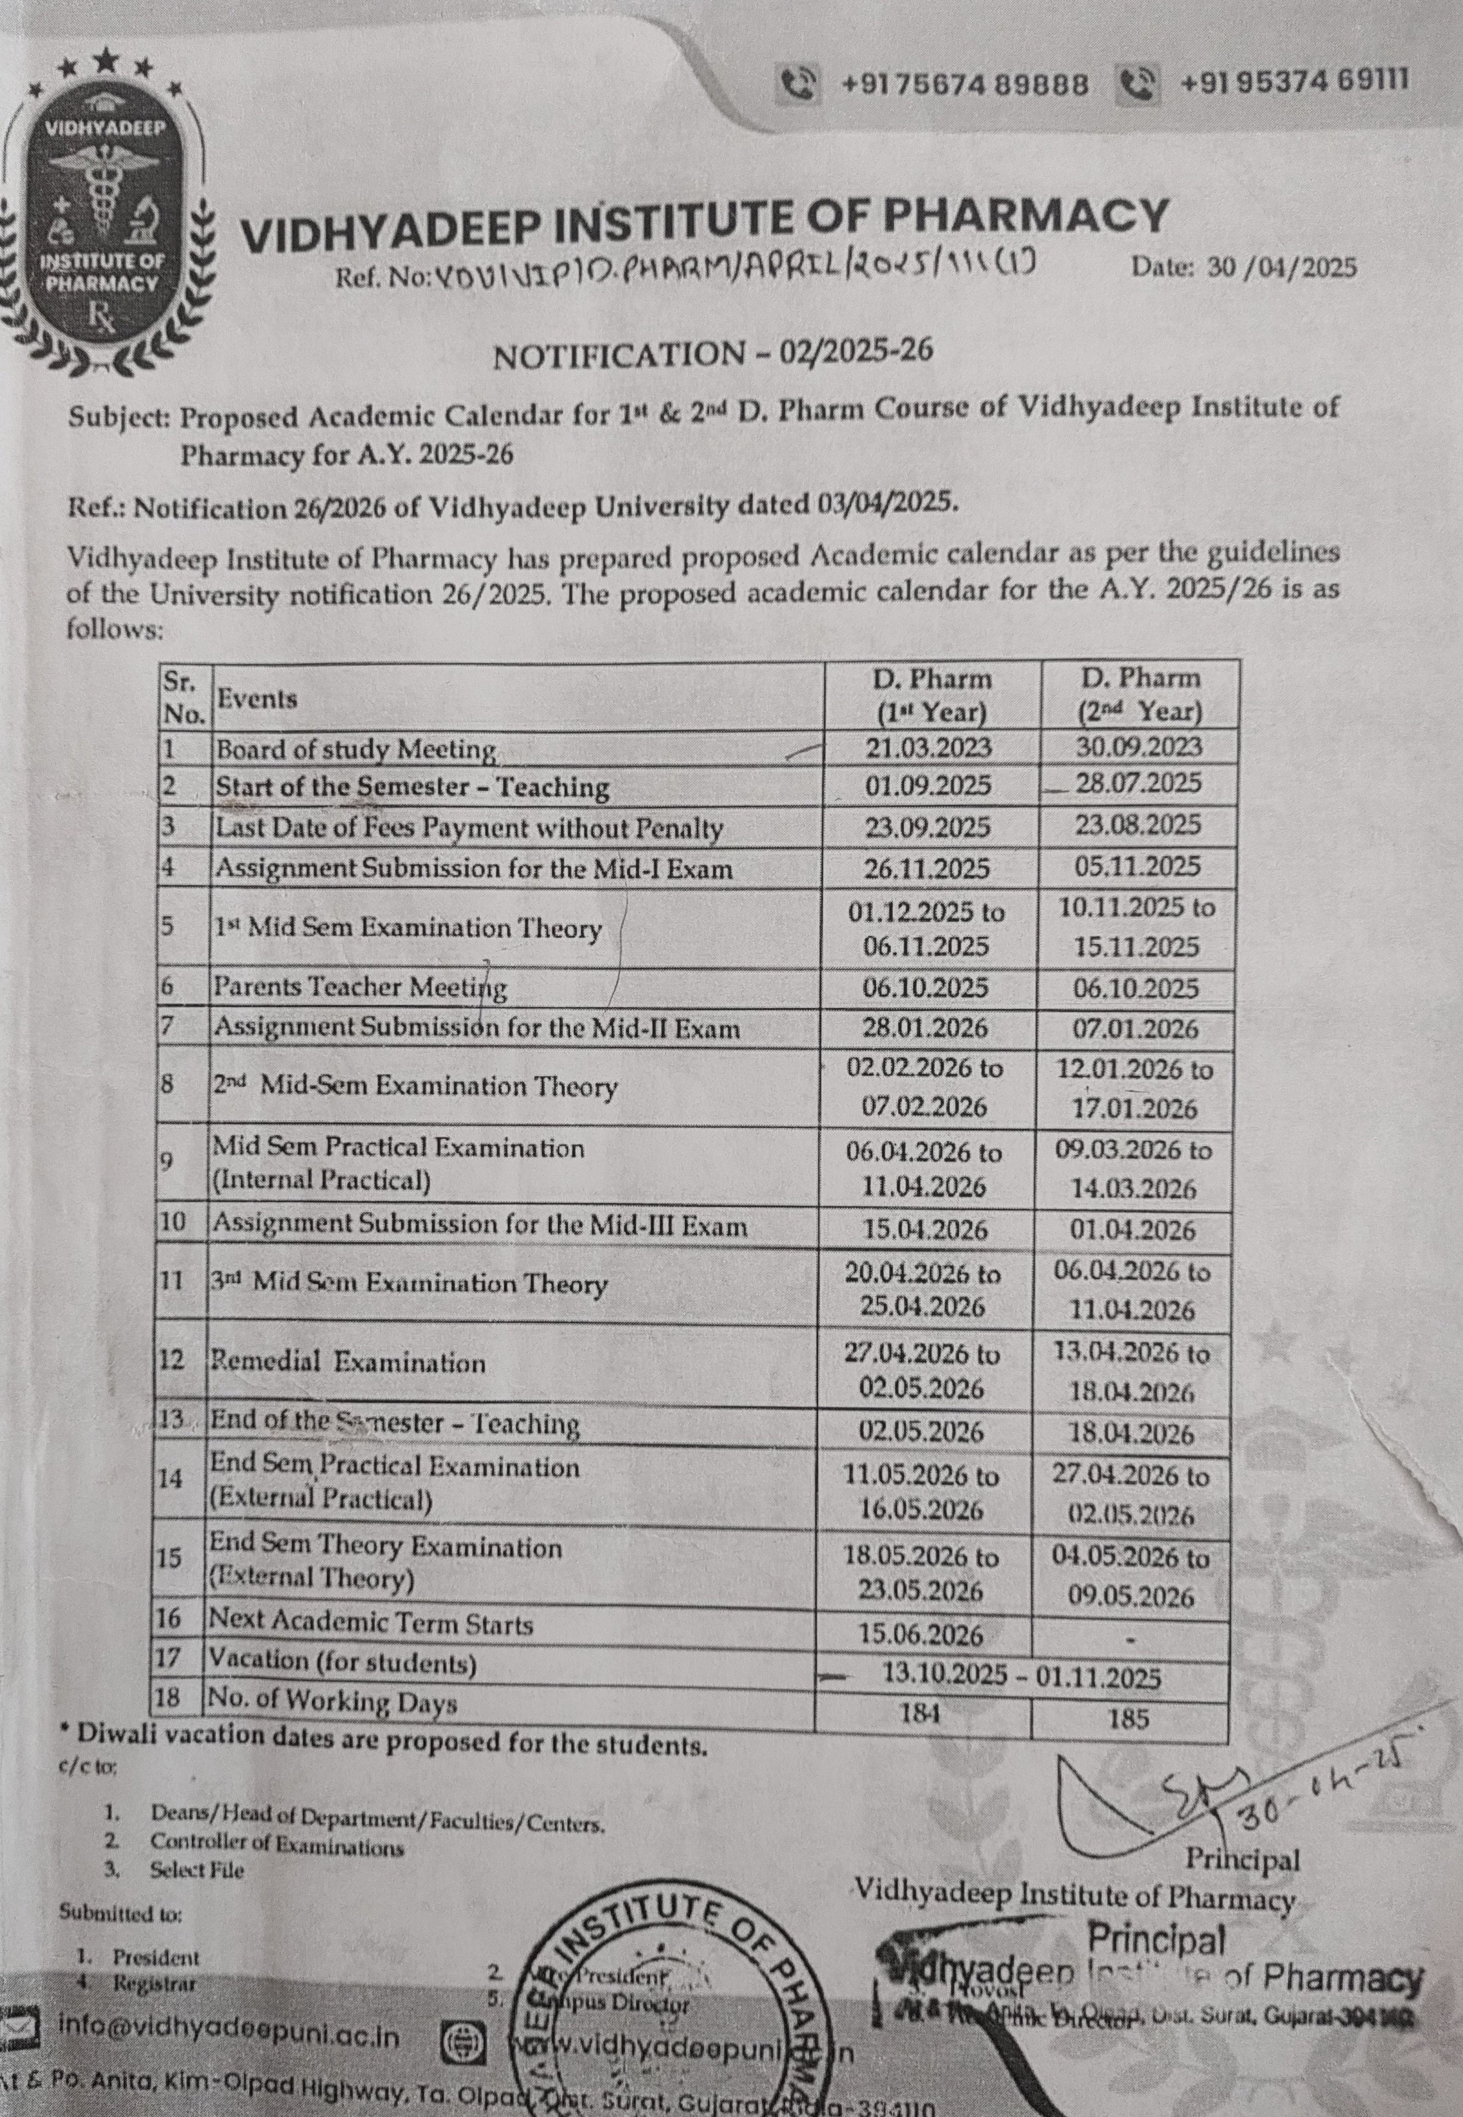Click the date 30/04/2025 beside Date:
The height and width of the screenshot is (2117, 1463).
click(x=1281, y=268)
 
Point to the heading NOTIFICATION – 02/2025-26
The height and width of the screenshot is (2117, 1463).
click(x=712, y=354)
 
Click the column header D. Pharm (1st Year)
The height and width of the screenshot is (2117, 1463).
click(x=931, y=695)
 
